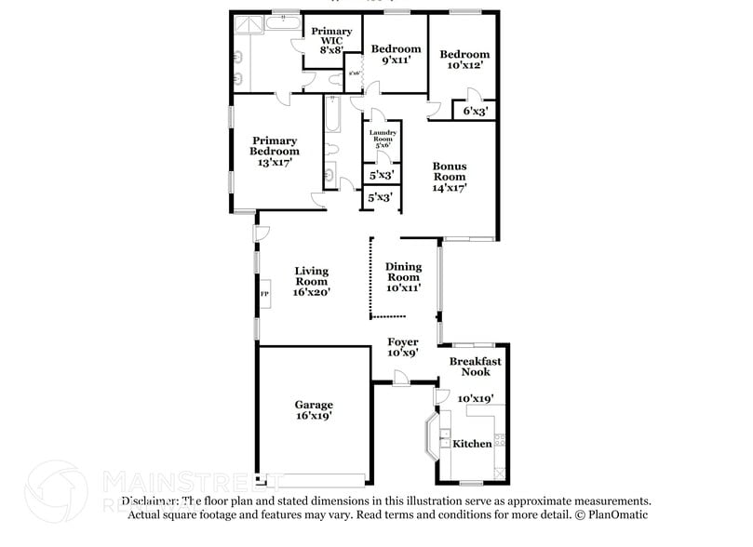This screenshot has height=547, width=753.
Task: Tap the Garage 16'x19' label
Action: pyautogui.click(x=314, y=410)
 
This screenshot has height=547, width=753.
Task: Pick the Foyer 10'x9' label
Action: pyautogui.click(x=402, y=347)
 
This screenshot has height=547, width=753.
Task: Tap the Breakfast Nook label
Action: pyautogui.click(x=476, y=367)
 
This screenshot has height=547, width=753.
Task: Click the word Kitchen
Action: pyautogui.click(x=472, y=444)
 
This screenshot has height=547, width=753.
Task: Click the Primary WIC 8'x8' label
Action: pyautogui.click(x=331, y=42)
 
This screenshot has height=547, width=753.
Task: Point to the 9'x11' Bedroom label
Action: pyautogui.click(x=396, y=55)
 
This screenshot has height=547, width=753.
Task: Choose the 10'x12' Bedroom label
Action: pyautogui.click(x=464, y=60)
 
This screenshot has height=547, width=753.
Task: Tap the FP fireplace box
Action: pyautogui.click(x=264, y=296)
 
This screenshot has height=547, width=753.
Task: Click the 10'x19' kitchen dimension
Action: pyautogui.click(x=476, y=398)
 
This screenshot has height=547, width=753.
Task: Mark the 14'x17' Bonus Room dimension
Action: pyautogui.click(x=449, y=187)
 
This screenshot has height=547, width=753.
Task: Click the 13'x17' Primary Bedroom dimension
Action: pyautogui.click(x=275, y=162)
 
